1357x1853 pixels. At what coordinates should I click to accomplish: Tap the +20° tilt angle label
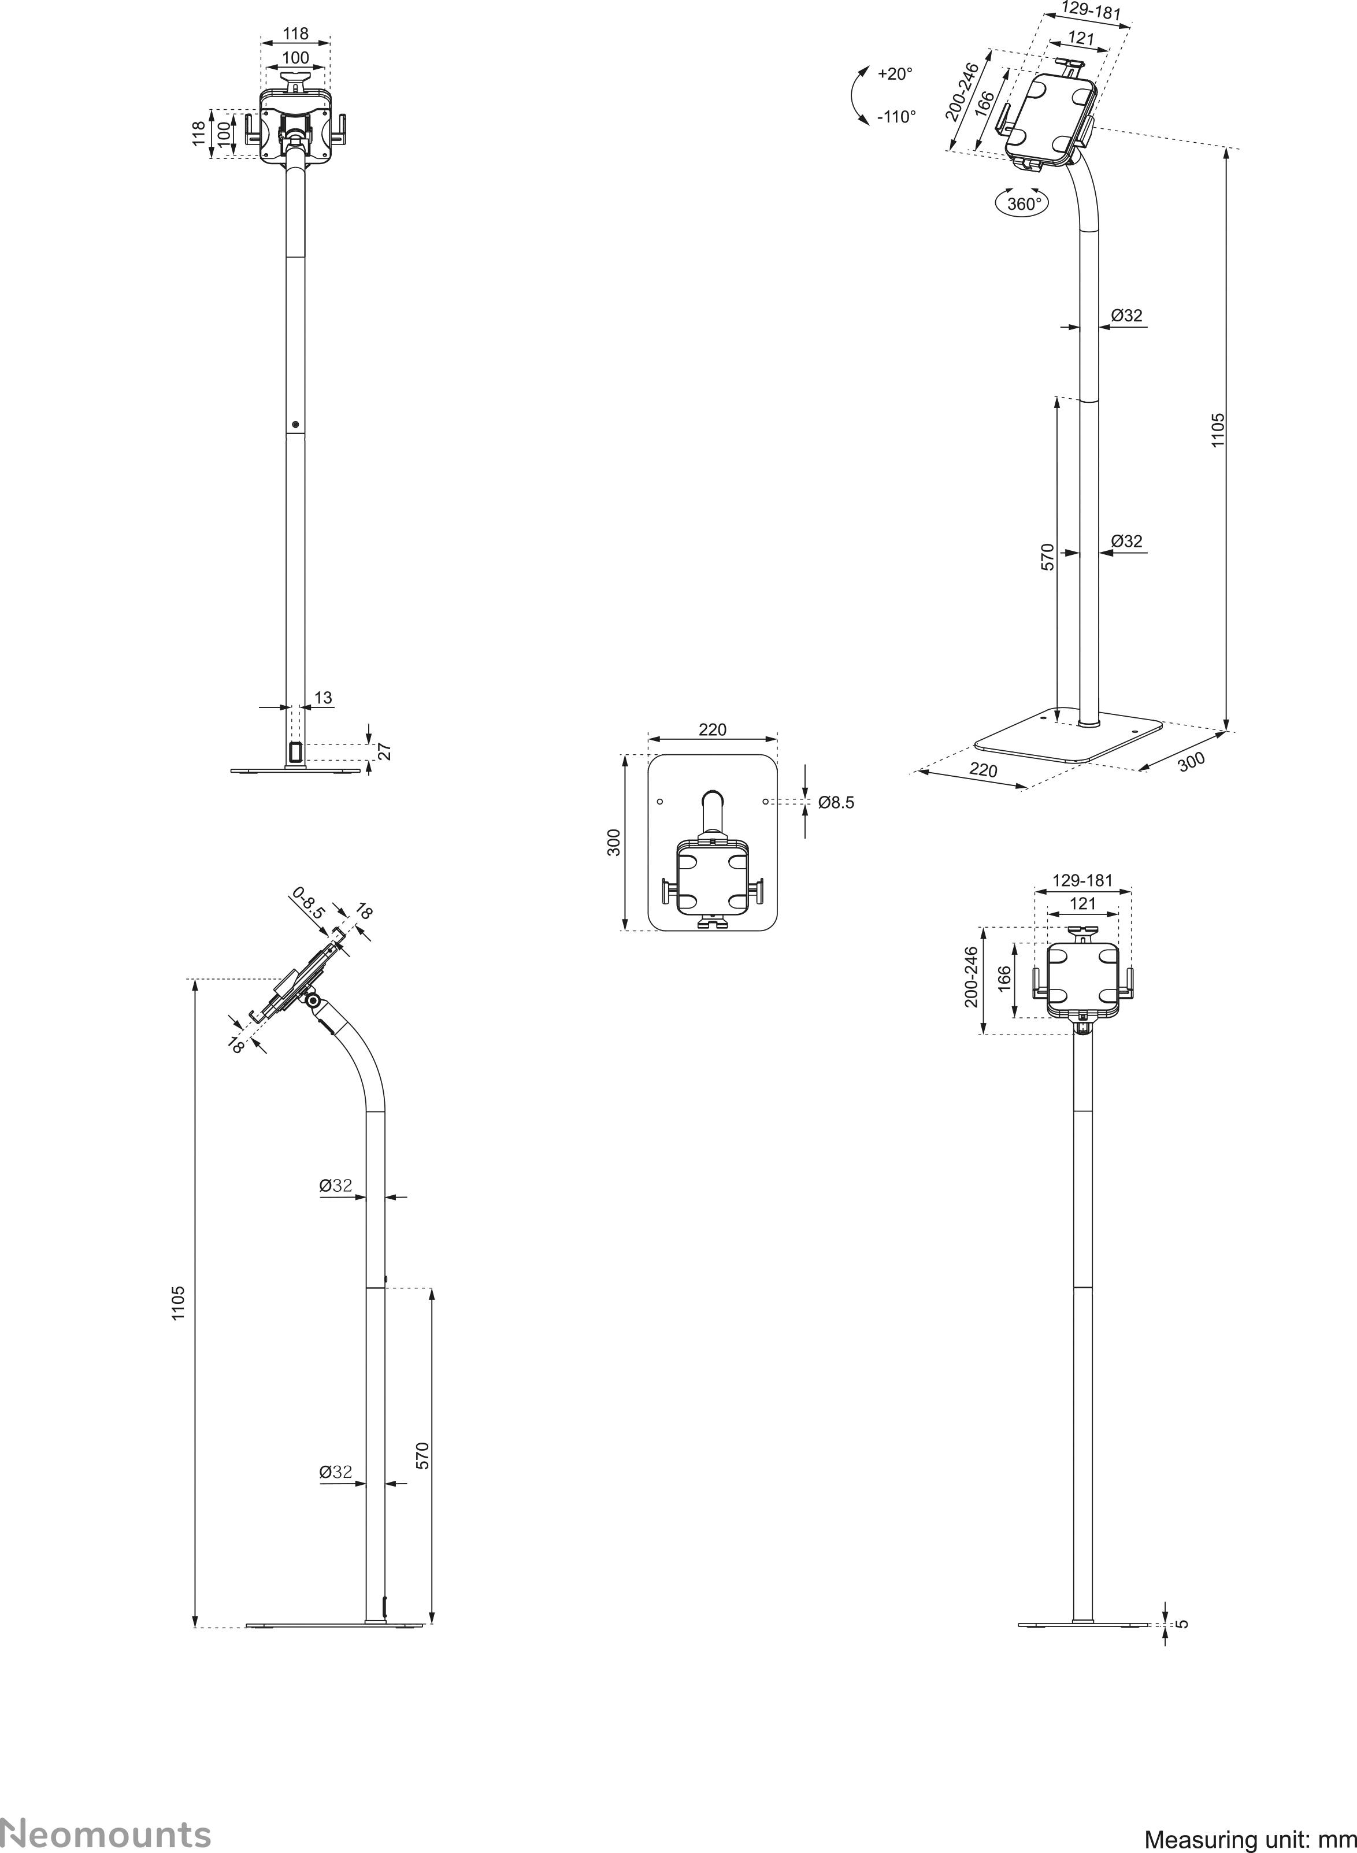tap(895, 74)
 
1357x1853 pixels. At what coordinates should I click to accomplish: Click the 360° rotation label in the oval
tap(1024, 203)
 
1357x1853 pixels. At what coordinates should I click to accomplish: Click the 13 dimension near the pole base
tap(323, 698)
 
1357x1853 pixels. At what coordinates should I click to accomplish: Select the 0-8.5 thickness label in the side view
tap(309, 902)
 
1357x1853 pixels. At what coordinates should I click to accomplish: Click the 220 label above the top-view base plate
tap(712, 729)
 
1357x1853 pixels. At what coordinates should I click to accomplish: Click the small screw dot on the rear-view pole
tap(295, 425)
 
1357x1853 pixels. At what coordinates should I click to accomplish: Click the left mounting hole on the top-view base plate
tap(659, 800)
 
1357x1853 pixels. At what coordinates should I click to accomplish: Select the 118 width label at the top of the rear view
tap(296, 34)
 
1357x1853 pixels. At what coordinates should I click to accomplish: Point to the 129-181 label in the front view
tap(1082, 880)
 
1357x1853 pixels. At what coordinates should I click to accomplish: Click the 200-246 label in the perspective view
tap(961, 91)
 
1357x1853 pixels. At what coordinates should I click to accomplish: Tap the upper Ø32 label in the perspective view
tap(1126, 316)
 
